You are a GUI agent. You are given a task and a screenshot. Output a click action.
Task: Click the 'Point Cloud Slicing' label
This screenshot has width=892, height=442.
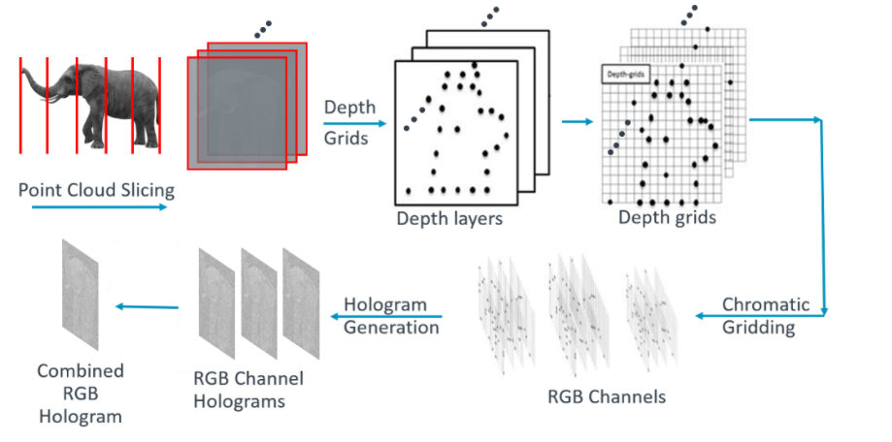coord(96,189)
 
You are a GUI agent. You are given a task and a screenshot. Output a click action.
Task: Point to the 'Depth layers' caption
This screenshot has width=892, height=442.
coord(449,219)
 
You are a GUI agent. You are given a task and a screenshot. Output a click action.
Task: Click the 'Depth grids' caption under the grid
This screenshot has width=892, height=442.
coord(667,217)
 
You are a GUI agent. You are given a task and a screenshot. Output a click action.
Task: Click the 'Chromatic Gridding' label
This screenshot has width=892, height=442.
coord(758,316)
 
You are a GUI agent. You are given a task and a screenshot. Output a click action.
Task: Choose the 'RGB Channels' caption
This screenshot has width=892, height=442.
coord(607,396)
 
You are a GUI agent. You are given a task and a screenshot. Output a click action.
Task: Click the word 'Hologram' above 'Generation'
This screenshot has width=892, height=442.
coord(386,304)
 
